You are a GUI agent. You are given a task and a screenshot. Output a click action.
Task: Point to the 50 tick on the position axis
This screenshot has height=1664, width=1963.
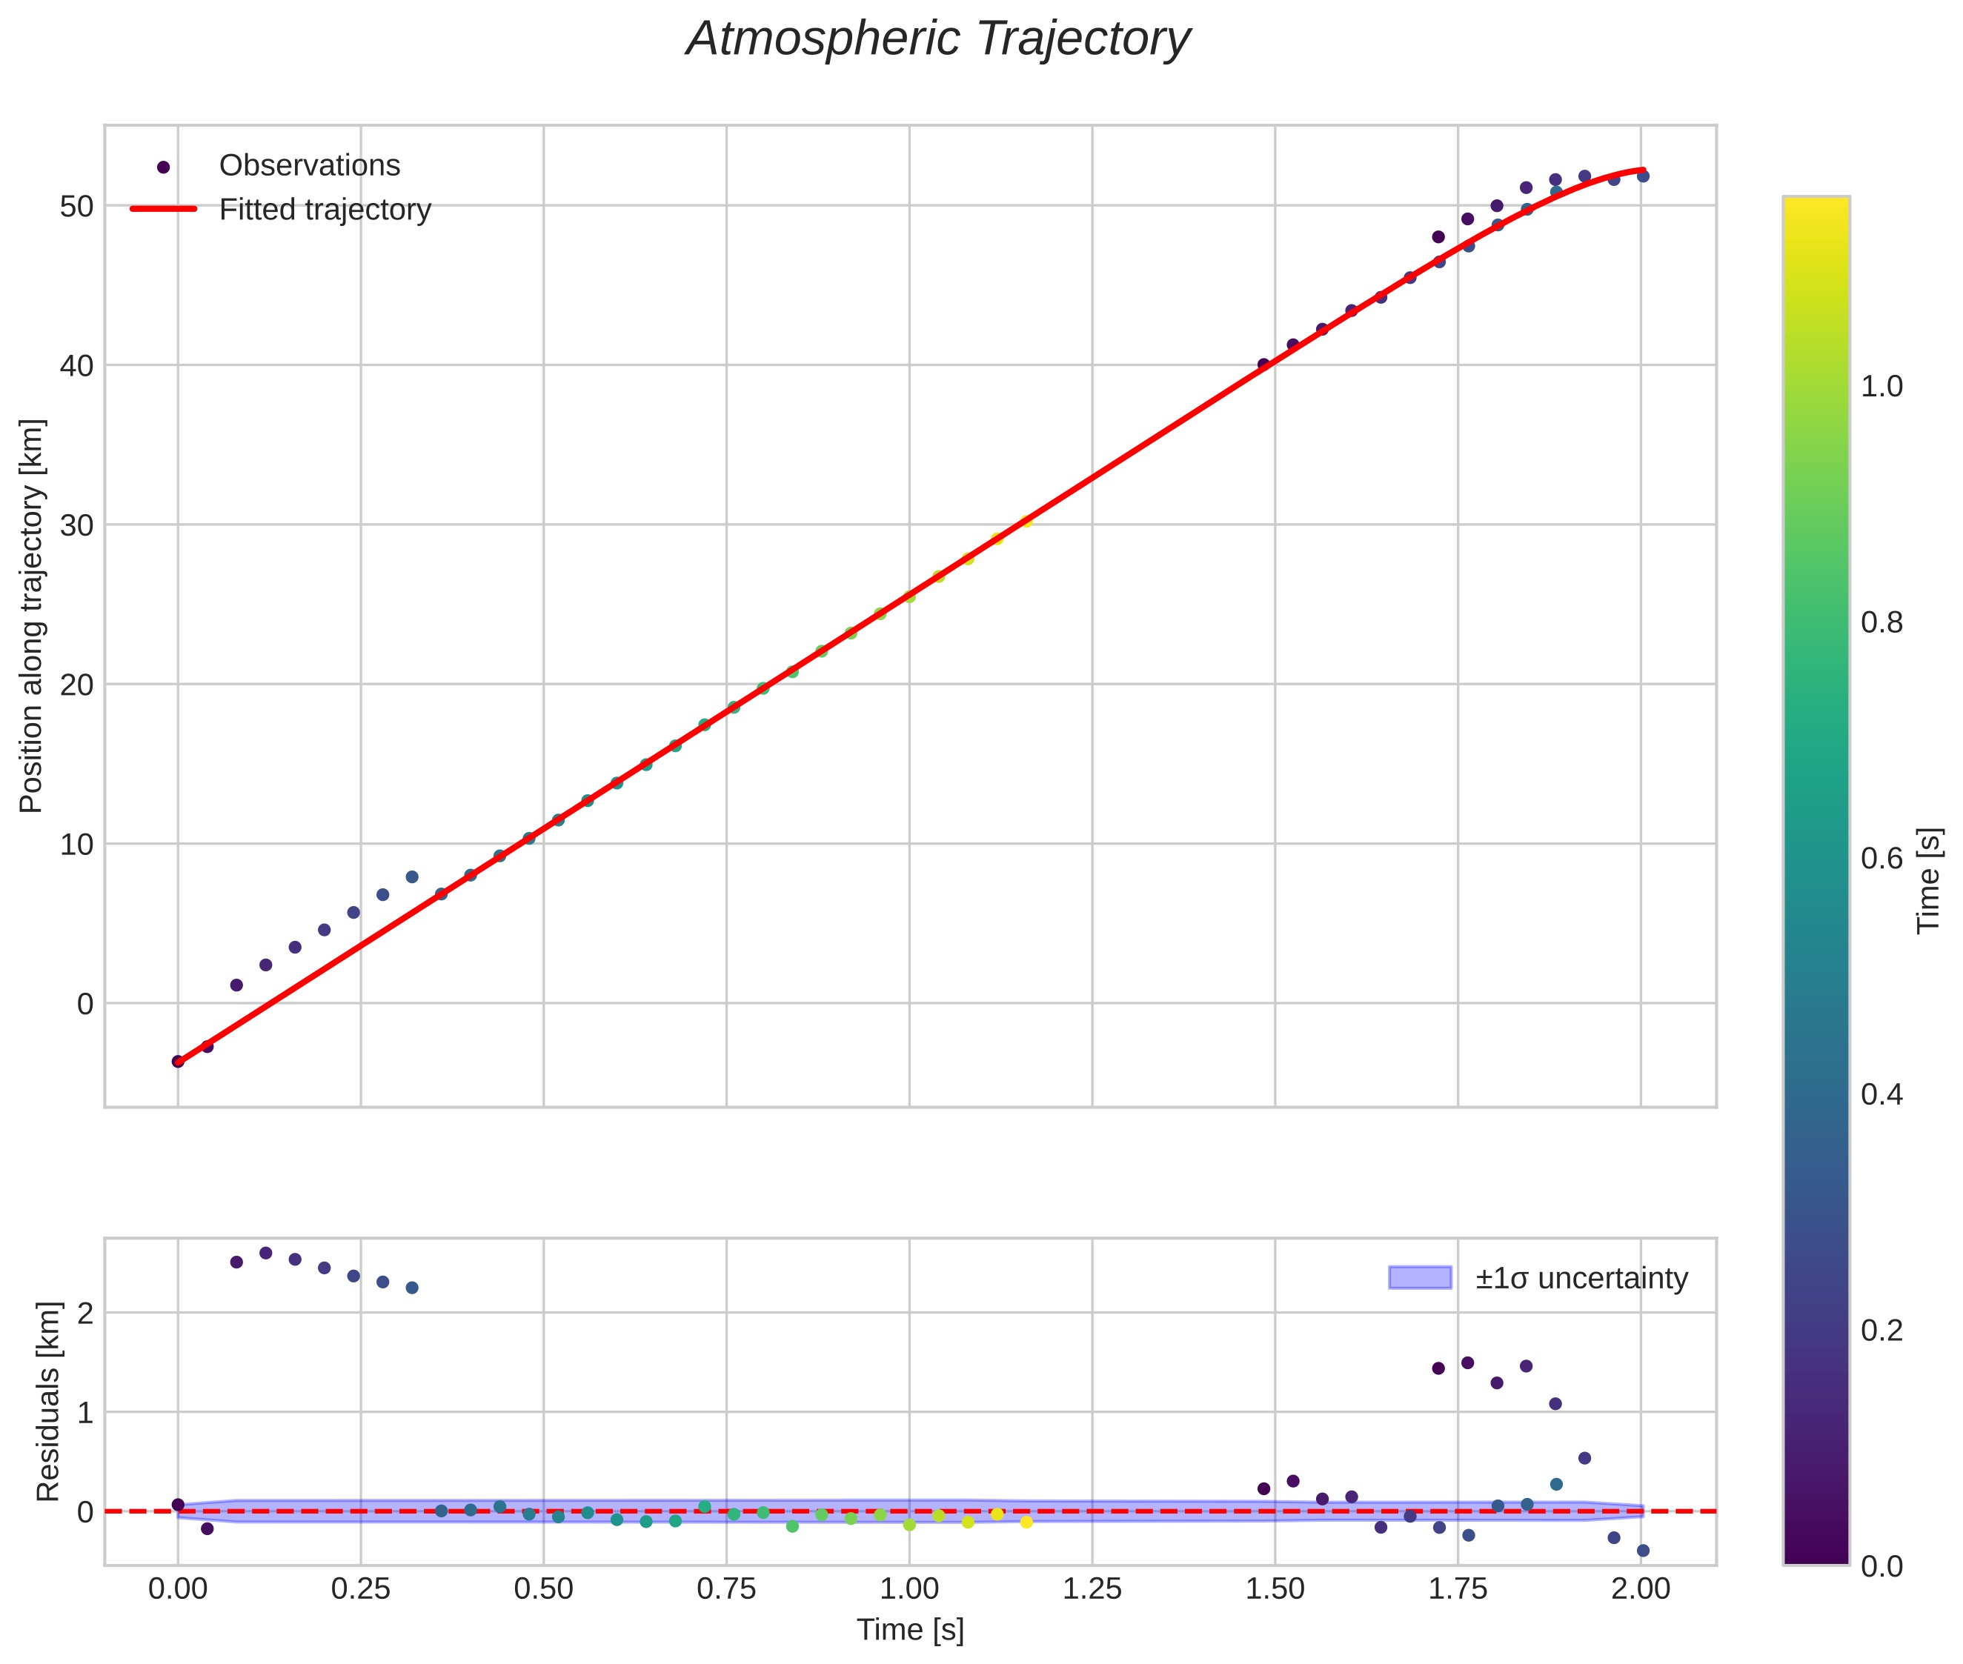pos(76,207)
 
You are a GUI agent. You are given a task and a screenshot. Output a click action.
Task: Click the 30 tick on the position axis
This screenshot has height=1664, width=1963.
pos(76,525)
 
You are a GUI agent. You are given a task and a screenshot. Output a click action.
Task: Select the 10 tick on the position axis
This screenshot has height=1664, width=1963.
pos(76,845)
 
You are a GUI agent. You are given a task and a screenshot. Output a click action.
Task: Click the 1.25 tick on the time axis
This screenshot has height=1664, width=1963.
pos(1092,1589)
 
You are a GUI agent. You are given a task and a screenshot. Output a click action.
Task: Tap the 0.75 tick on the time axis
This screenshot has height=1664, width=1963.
pos(726,1589)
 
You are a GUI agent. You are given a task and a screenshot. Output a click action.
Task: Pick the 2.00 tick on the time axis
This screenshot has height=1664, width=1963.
pos(1641,1589)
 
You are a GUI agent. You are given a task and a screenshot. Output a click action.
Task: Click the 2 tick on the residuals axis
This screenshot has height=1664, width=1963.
pos(85,1313)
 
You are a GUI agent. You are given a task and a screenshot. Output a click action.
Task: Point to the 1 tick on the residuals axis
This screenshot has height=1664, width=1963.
pos(85,1412)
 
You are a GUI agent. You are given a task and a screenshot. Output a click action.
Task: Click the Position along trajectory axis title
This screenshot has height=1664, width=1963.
pos(31,616)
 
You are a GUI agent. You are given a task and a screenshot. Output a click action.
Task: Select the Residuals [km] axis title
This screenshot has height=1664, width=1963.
pos(47,1402)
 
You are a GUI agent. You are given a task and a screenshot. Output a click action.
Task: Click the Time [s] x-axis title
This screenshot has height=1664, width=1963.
pos(910,1630)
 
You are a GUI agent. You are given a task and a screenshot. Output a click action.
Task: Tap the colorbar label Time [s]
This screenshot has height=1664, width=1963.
pos(1930,880)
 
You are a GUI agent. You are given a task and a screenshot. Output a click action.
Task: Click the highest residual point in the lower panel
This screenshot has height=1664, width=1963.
pos(266,1253)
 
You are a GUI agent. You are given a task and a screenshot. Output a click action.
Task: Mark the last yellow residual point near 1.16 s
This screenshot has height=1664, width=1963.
pos(1026,1522)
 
